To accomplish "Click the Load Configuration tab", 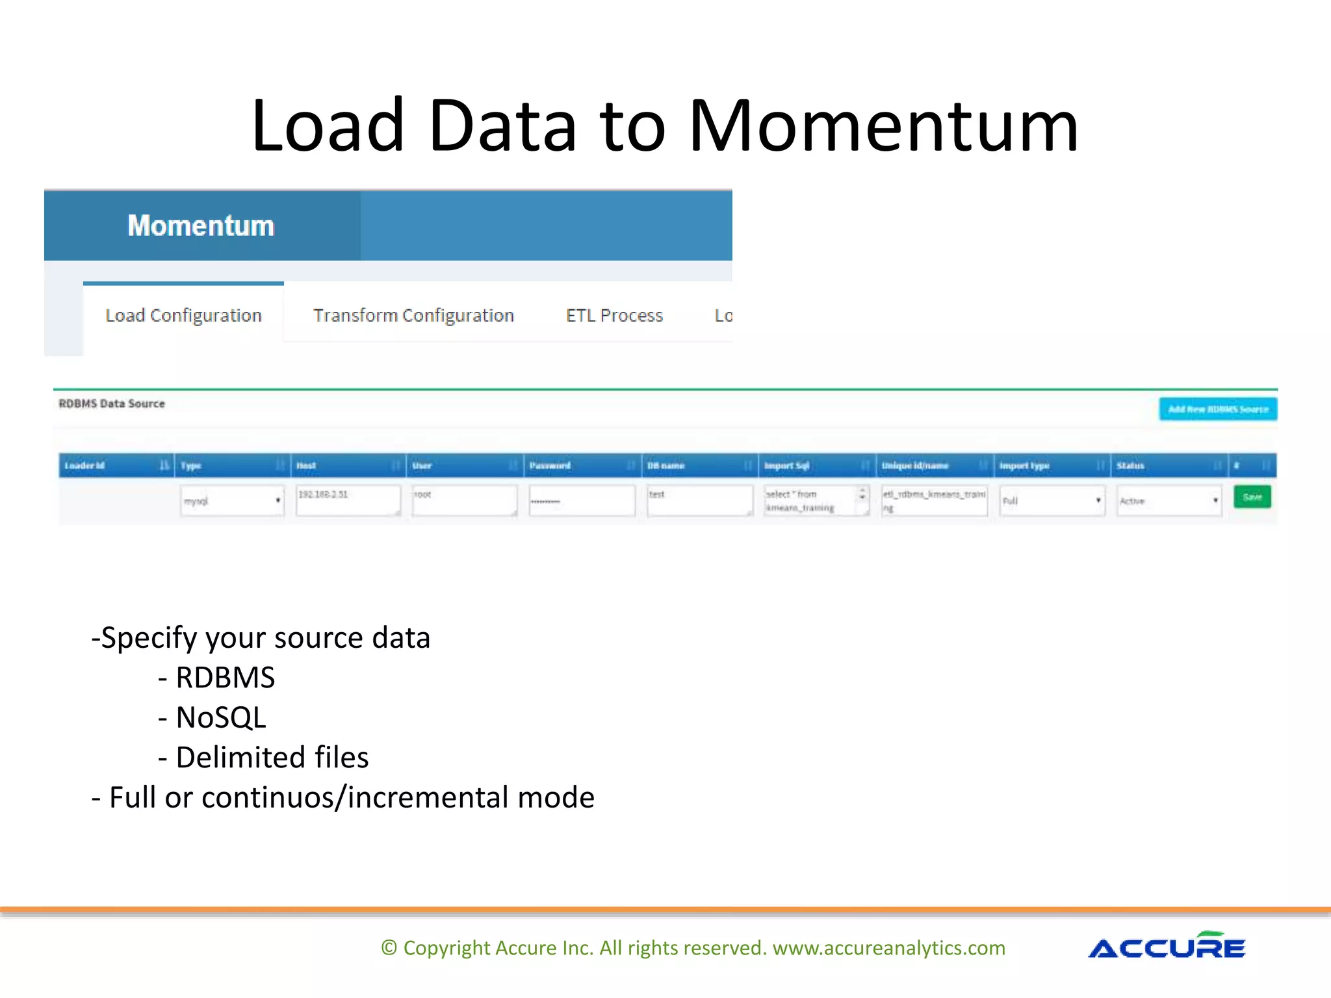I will pos(183,316).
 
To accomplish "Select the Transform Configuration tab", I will pos(413,316).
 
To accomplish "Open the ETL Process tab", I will pos(614,316).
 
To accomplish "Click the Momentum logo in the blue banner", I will pos(201,226).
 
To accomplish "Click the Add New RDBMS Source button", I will pos(1217,409).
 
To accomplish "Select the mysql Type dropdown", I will pos(232,501).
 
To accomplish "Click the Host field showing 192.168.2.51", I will pos(348,500).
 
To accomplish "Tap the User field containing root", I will pos(464,500).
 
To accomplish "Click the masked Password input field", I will pos(581,501).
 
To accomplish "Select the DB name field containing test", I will pos(699,500).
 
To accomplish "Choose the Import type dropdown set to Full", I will pos(1052,501).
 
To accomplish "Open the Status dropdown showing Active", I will pos(1169,501).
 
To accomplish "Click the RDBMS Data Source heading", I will pos(112,403).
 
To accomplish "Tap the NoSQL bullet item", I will pos(220,718).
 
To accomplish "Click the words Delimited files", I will pos(272,758).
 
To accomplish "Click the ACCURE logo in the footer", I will pos(1167,947).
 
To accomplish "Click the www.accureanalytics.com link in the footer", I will pos(888,948).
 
